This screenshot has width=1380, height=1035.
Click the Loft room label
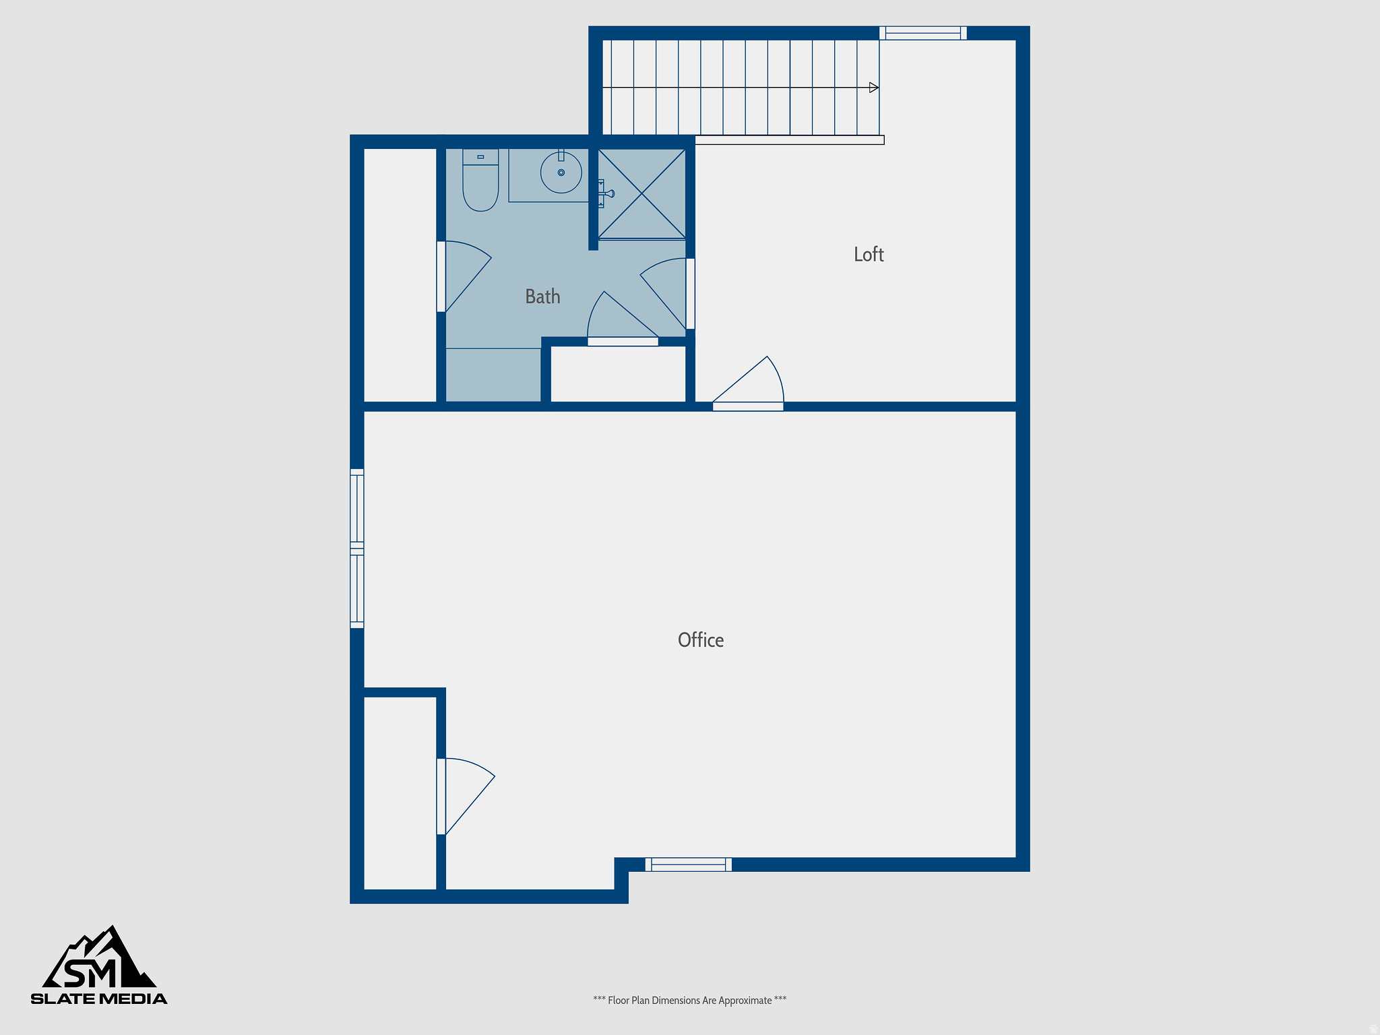click(x=868, y=254)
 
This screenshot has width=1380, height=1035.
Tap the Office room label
click(x=700, y=640)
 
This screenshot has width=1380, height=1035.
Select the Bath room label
click(x=542, y=296)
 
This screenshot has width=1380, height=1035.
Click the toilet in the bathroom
click(x=480, y=182)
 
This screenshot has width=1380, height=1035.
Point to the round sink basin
click(x=561, y=172)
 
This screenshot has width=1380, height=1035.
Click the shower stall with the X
click(x=642, y=194)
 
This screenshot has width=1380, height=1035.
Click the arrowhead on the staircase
click(x=874, y=88)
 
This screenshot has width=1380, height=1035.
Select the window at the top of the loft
click(x=922, y=33)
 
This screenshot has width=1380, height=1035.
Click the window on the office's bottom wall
click(x=688, y=865)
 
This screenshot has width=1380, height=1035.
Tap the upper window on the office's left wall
click(x=357, y=507)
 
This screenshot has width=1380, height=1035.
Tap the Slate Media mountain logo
click(x=99, y=964)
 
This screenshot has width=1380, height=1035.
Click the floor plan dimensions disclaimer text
click(x=689, y=1001)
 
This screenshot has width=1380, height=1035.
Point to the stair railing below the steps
click(x=789, y=140)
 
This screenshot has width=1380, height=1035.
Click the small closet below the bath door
click(x=618, y=374)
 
